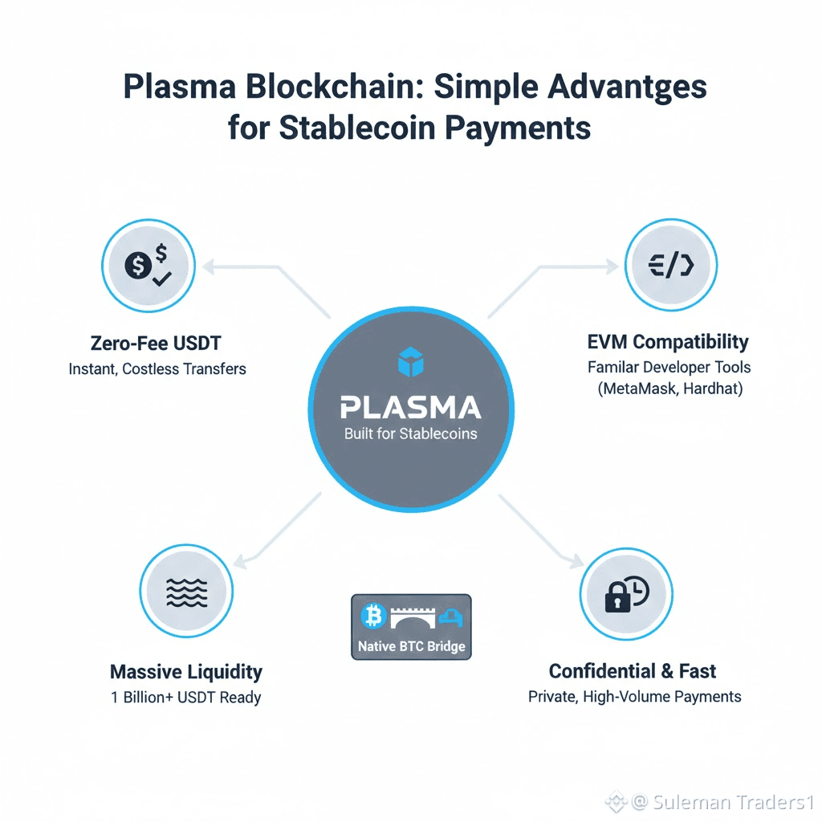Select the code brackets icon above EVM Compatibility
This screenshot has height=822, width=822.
(670, 265)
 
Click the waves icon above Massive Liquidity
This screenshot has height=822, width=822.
(185, 593)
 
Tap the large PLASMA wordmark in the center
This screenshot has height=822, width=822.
(410, 407)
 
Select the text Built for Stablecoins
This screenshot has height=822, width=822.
(410, 434)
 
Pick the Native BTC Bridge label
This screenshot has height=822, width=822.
(411, 646)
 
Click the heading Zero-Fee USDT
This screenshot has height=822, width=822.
(156, 344)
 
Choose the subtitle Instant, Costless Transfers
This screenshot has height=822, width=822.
(156, 370)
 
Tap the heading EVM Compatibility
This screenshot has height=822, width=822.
(669, 342)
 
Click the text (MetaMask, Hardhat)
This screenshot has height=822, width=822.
(669, 390)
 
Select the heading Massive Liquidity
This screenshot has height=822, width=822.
(185, 671)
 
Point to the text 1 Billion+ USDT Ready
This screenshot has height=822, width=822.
(185, 697)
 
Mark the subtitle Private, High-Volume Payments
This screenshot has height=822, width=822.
(634, 697)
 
